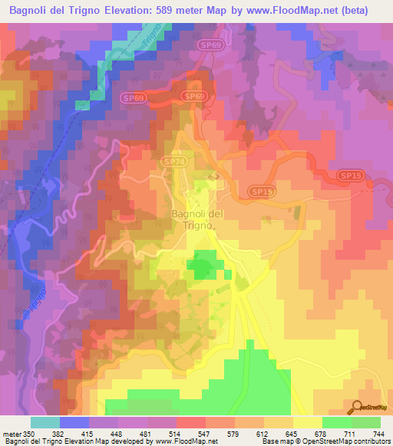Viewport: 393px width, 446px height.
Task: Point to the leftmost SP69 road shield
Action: tap(133, 98)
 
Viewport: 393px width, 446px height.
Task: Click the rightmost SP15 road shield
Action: tap(349, 176)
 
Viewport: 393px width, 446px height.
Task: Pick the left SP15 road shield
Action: tap(261, 190)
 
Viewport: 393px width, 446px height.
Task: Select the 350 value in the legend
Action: tap(30, 434)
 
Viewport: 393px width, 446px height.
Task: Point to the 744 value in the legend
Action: tap(380, 434)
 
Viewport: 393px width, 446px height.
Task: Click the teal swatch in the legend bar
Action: tap(45, 422)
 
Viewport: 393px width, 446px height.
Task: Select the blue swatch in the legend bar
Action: tap(74, 422)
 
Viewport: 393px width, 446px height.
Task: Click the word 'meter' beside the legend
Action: tap(12, 434)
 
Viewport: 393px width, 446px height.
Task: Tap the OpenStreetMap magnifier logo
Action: tap(358, 407)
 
